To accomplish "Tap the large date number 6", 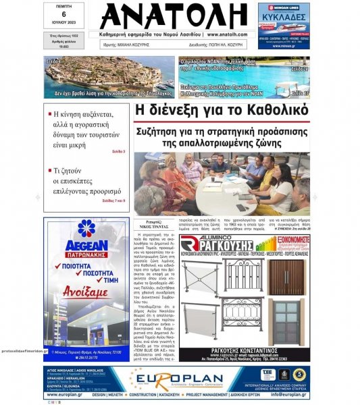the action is (63, 14).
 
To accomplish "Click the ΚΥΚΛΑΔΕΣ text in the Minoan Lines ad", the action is (284, 13).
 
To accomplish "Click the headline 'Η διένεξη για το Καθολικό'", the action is (222, 110).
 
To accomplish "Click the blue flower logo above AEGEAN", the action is (86, 229).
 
